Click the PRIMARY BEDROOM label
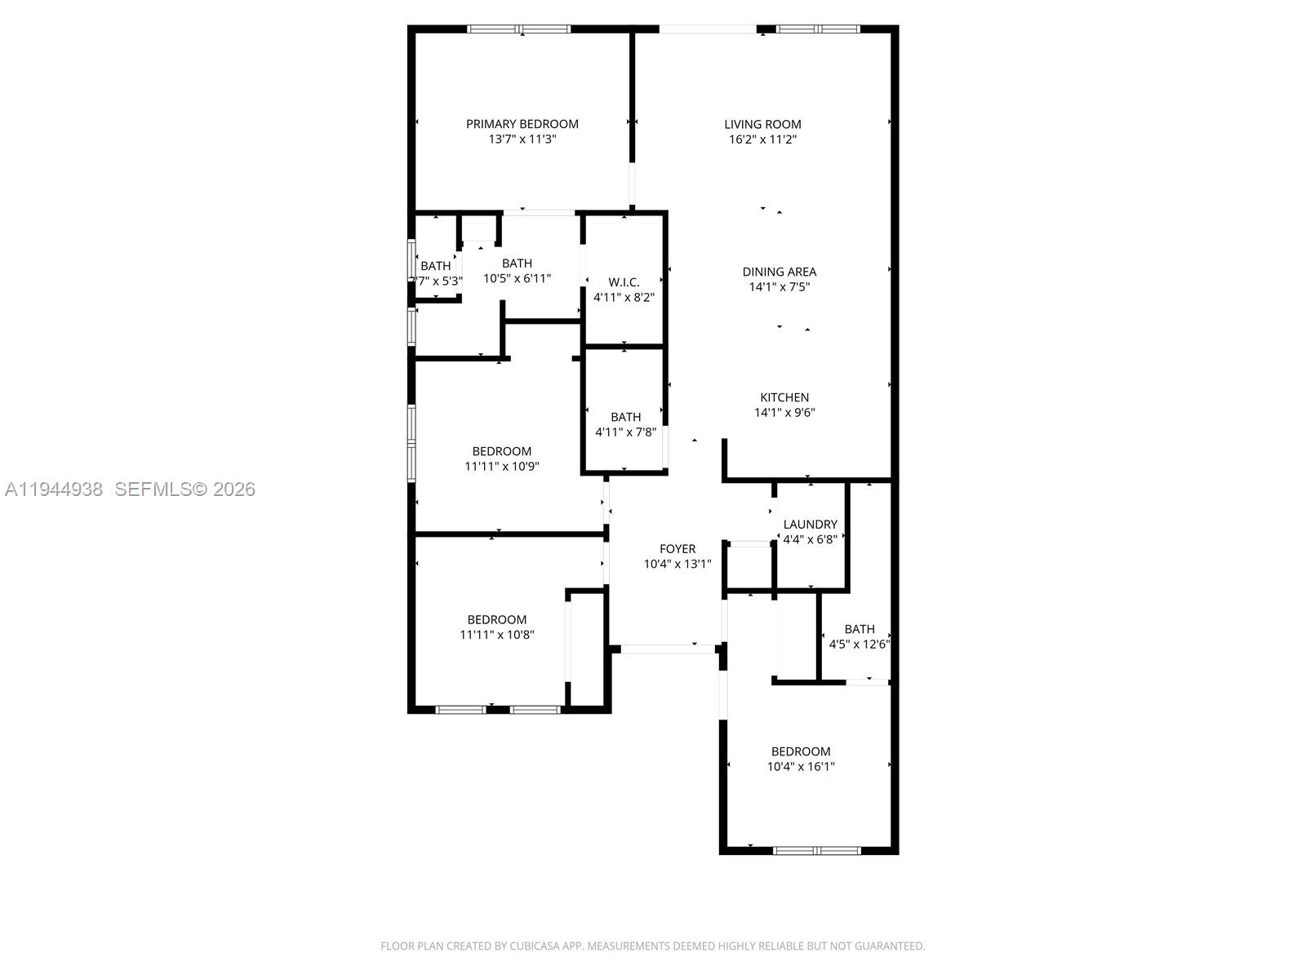[x=522, y=124]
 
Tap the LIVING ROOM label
[x=762, y=124]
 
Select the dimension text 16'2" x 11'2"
[x=762, y=140]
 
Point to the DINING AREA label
[x=779, y=272]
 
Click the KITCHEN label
[x=784, y=397]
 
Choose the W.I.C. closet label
[x=624, y=282]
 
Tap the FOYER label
[x=677, y=549]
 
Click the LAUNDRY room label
[x=810, y=525]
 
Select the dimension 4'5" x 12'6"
[x=859, y=644]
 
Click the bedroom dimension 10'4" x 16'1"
[x=801, y=766]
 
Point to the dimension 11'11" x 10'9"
[x=501, y=467]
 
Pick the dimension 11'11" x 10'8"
[x=496, y=634]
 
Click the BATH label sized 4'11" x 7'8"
[x=625, y=417]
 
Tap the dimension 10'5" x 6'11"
[x=517, y=278]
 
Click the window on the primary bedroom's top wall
[x=519, y=29]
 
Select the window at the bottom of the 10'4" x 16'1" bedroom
[x=816, y=850]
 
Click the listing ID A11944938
[x=54, y=489]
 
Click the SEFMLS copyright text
[x=185, y=489]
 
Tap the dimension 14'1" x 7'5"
[x=779, y=287]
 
